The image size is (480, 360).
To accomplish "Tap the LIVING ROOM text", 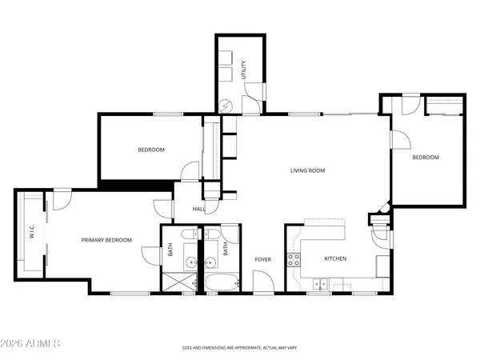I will [307, 170].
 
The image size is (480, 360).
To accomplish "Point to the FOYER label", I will [263, 259].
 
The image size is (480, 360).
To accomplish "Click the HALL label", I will [199, 209].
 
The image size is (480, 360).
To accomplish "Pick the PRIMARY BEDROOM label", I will [106, 240].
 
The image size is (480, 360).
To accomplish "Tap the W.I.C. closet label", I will [32, 232].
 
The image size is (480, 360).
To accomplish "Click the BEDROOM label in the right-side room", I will [426, 158].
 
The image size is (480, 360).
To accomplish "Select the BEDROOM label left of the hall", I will [150, 150].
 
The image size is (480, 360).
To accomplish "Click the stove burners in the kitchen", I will [294, 259].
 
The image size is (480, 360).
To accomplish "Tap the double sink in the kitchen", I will [321, 282].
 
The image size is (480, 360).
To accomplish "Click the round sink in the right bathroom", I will [211, 262].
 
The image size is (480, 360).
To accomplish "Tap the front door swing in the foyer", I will [262, 282].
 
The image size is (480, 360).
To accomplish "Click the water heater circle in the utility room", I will [226, 103].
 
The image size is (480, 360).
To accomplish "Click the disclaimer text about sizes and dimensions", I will [240, 348].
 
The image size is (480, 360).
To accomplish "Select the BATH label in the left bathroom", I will [170, 250].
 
